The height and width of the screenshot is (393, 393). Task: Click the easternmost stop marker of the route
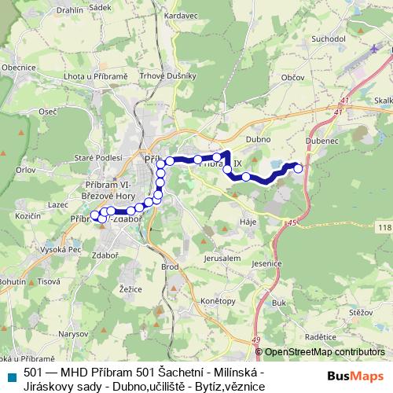(297, 167)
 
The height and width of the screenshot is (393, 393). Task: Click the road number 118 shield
(383, 227)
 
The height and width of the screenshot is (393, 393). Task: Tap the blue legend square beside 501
(12, 376)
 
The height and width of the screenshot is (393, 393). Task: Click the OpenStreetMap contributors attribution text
(325, 352)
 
